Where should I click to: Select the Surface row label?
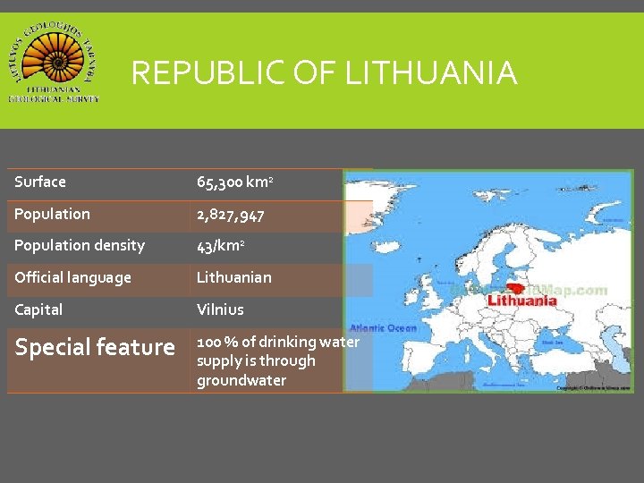pyautogui.click(x=40, y=182)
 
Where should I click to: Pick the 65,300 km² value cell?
pyautogui.click(x=234, y=182)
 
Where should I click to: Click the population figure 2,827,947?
pyautogui.click(x=230, y=215)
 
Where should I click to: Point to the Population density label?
pyautogui.click(x=80, y=245)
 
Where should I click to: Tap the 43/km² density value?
pyautogui.click(x=222, y=246)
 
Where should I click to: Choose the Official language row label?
pyautogui.click(x=72, y=277)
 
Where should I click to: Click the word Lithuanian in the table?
pyautogui.click(x=233, y=277)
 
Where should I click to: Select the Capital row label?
pyautogui.click(x=38, y=309)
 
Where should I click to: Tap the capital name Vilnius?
pyautogui.click(x=220, y=309)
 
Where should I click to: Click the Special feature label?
pyautogui.click(x=95, y=347)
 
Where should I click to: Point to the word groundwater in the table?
pyautogui.click(x=241, y=380)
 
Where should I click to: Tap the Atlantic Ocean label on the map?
pyautogui.click(x=383, y=328)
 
